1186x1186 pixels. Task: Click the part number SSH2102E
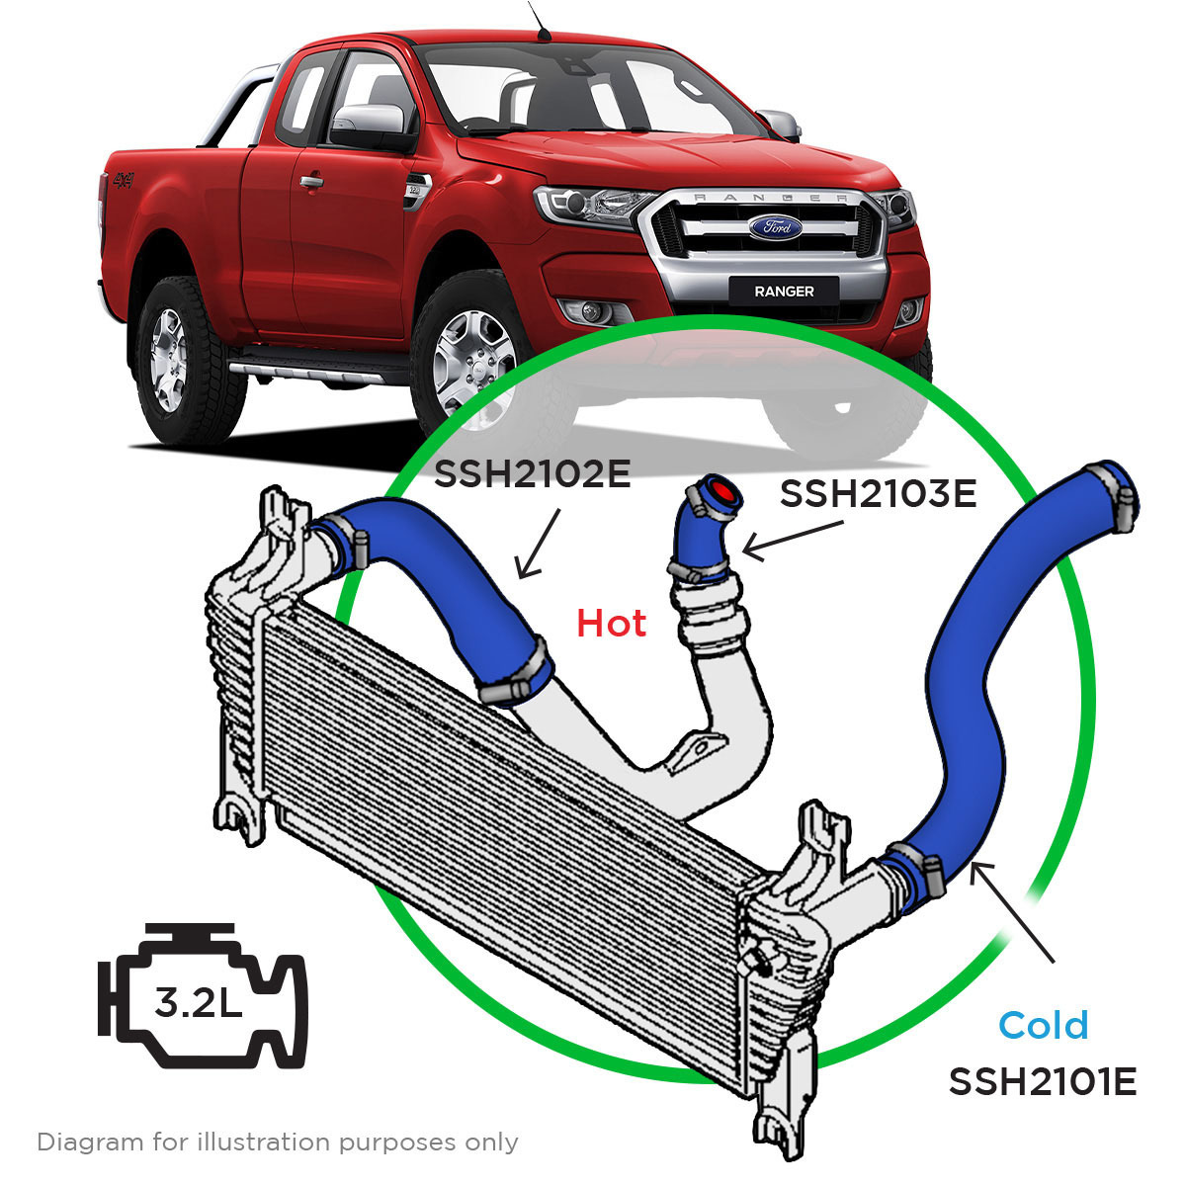532,475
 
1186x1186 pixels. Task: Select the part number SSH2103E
878,492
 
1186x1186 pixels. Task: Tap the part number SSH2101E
1043,1081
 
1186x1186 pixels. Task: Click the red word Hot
612,623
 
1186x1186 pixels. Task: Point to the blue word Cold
1044,1025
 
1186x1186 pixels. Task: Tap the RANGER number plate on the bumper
784,291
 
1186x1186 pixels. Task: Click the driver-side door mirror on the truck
369,123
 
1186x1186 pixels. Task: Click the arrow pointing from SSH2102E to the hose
539,544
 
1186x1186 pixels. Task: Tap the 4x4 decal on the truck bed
123,181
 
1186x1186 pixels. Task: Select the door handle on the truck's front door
311,183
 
